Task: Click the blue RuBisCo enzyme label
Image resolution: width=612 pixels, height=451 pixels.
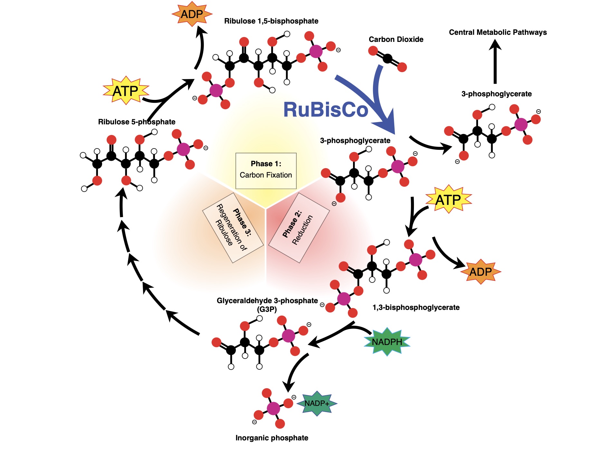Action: (x=325, y=110)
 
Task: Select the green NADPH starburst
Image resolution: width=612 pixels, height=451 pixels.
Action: (x=387, y=342)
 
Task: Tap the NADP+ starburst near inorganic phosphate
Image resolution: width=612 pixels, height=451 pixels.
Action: (x=317, y=403)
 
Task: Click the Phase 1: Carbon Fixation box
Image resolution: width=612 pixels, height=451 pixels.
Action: (x=266, y=171)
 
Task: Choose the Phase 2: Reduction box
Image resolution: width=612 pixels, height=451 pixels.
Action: (x=299, y=228)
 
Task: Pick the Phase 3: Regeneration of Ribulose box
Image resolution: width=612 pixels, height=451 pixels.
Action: (x=233, y=228)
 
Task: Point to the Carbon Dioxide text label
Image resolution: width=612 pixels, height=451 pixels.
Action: (x=396, y=39)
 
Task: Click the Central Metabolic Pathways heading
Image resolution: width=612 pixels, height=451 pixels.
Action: (x=498, y=32)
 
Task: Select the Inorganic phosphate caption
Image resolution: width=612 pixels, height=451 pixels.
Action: (x=272, y=438)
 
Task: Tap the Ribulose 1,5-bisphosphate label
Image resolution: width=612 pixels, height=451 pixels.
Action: (x=271, y=21)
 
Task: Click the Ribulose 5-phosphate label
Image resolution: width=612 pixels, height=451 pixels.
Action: (x=137, y=122)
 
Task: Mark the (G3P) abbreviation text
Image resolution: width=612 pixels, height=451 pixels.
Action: (x=267, y=309)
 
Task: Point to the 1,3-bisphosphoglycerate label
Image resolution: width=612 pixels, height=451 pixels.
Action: (x=416, y=307)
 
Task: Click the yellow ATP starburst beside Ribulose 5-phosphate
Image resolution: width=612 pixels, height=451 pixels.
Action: (x=126, y=91)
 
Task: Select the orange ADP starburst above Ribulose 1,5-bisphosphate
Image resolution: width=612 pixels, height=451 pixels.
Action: (x=192, y=14)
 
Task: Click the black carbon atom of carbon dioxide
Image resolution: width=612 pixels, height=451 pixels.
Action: (x=387, y=59)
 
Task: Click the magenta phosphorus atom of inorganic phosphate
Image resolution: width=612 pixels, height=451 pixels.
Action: (x=273, y=408)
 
